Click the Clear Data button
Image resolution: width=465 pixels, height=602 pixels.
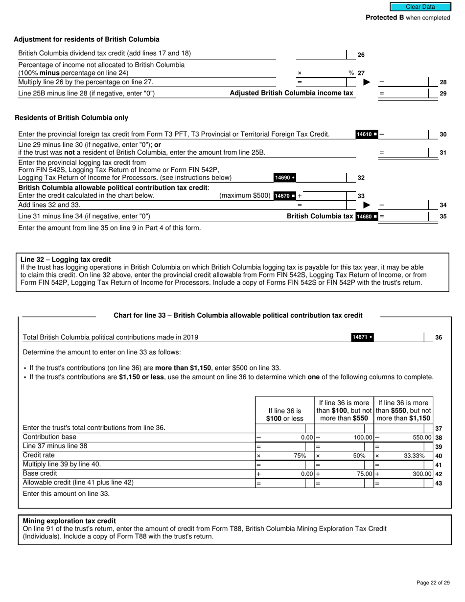420,7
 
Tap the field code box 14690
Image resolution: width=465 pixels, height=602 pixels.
284,178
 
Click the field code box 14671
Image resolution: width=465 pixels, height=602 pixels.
362,337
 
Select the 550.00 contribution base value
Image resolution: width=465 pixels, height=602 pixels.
422,438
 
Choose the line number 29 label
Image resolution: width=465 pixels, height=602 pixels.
442,93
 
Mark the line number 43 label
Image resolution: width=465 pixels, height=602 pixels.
439,483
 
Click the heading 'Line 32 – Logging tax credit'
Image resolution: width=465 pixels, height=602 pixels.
66,259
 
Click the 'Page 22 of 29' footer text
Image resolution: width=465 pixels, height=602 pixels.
433,582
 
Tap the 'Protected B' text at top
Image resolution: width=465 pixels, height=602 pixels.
385,18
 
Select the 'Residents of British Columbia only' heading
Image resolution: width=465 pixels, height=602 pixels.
71,118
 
